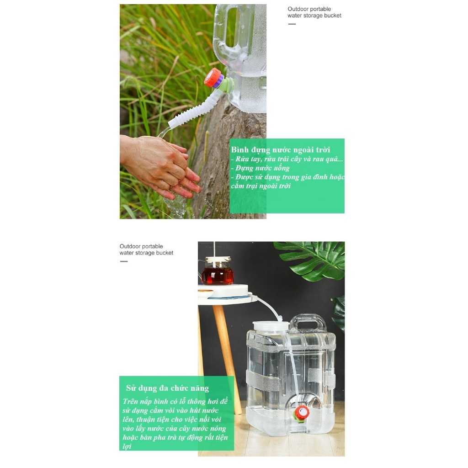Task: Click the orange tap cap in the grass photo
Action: (x=213, y=78)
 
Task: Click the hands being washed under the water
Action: (x=161, y=166)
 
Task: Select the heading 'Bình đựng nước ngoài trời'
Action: (x=281, y=149)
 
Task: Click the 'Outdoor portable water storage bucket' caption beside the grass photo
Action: (x=314, y=12)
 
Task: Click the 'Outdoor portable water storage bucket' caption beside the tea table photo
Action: (x=146, y=250)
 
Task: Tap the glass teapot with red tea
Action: (x=217, y=271)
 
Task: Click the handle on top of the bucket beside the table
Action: (x=308, y=323)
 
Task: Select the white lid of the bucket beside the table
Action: (x=271, y=326)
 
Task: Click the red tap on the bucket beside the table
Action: (x=302, y=413)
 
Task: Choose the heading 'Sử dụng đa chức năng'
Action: (x=167, y=388)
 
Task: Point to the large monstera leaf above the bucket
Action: (x=310, y=260)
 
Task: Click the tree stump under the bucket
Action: (x=229, y=161)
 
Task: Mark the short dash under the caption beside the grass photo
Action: (x=292, y=24)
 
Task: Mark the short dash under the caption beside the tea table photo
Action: (x=124, y=261)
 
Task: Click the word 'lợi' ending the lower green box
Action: (x=127, y=446)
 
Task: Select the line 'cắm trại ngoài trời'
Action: (x=261, y=186)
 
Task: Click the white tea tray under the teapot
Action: (x=223, y=291)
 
